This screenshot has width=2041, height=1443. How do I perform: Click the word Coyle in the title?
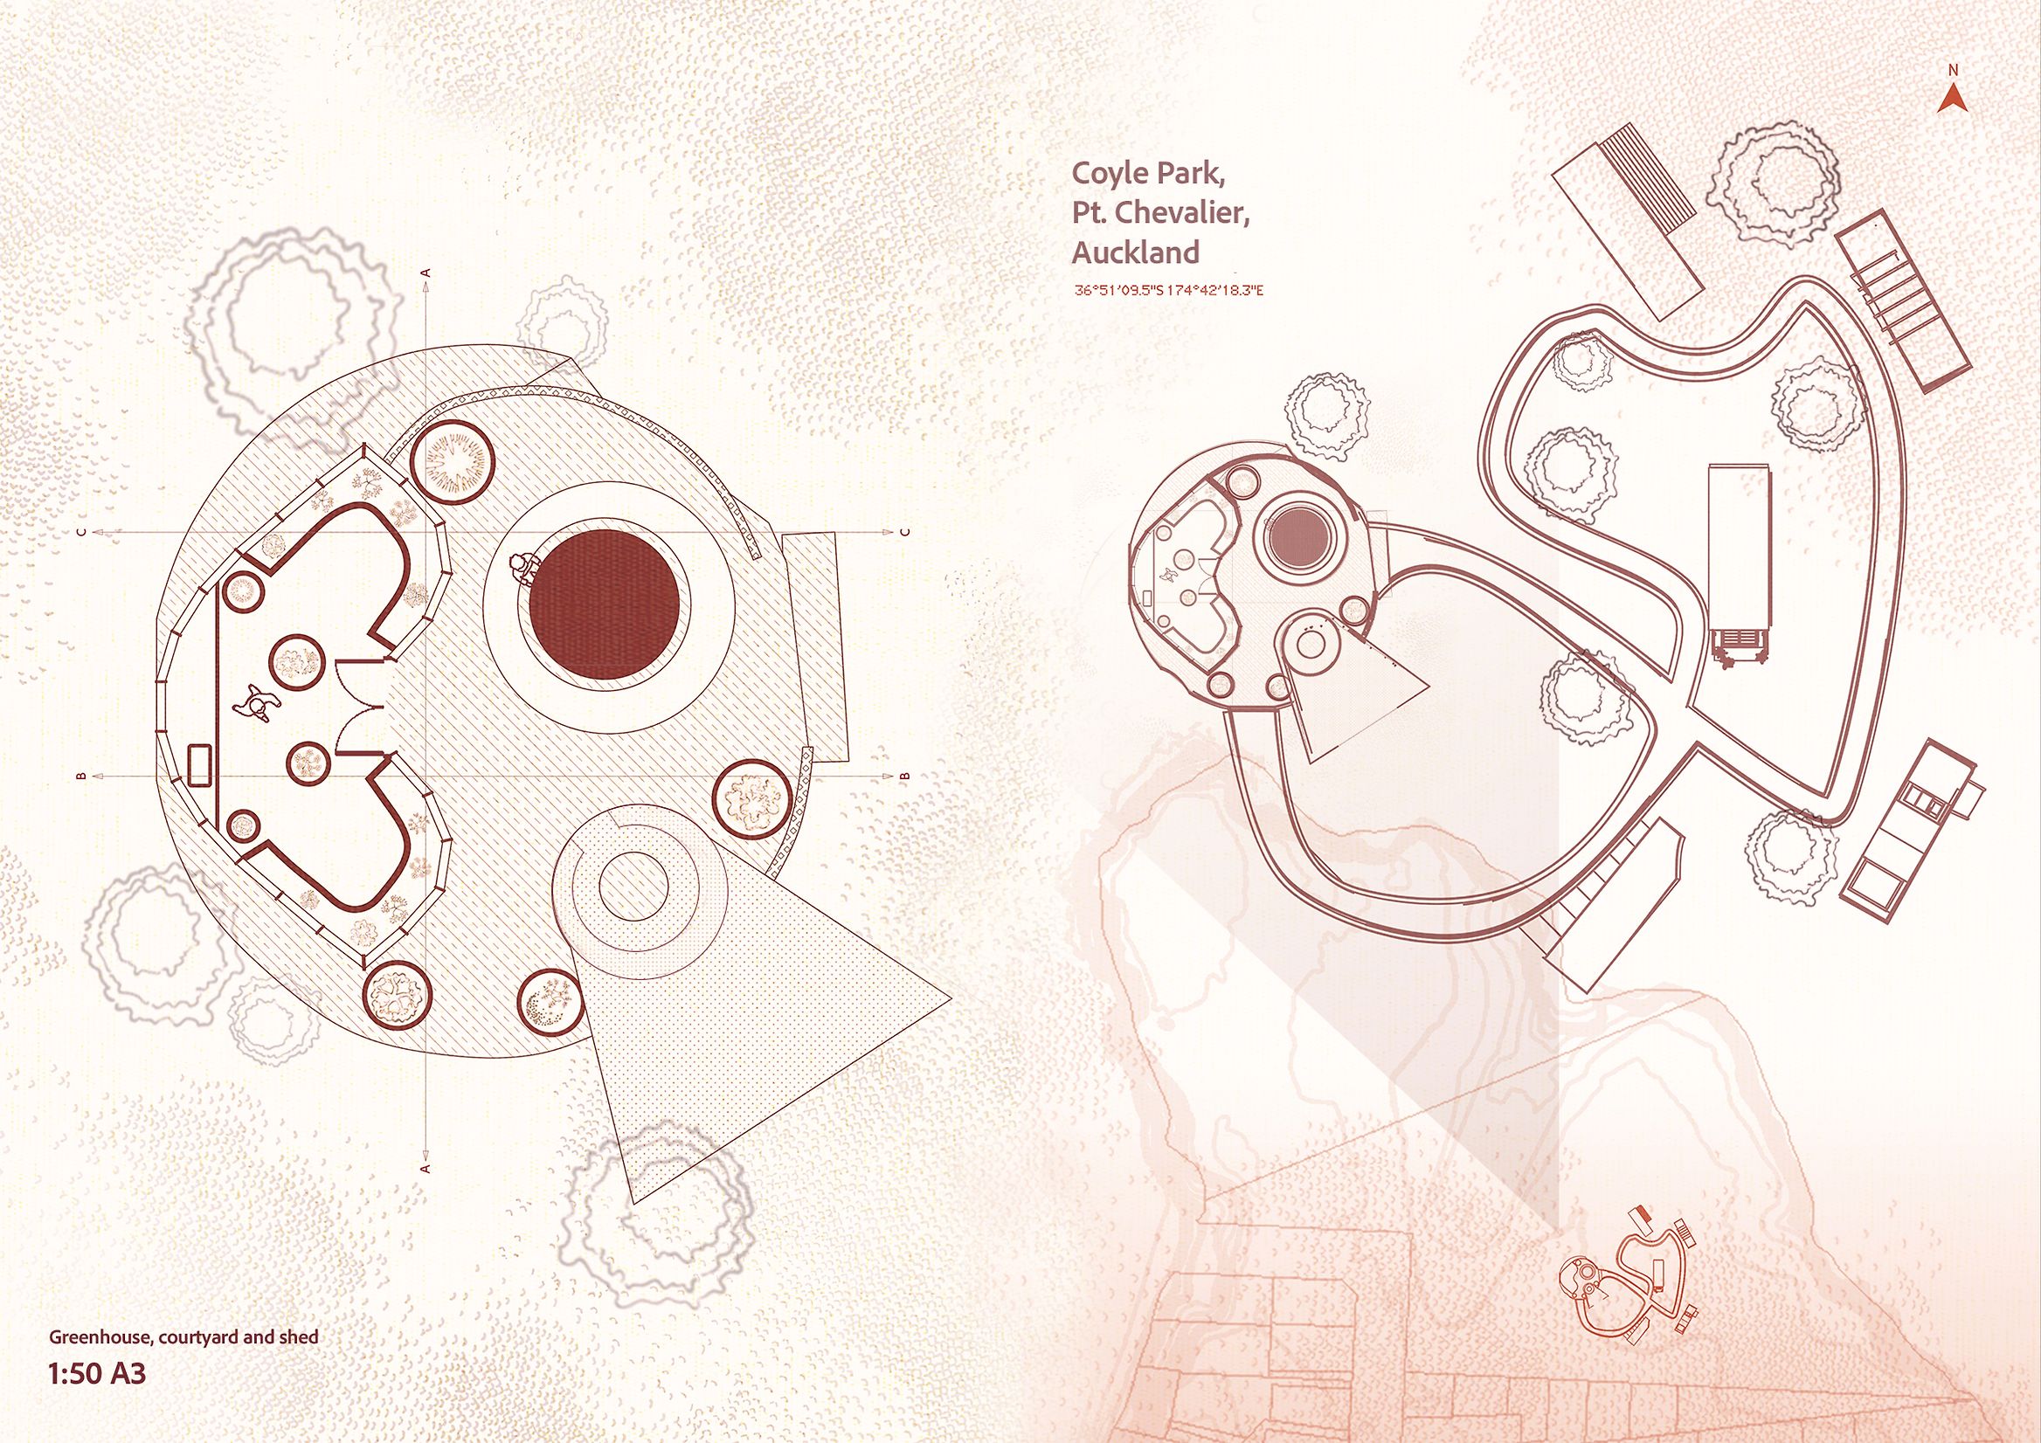tap(1108, 174)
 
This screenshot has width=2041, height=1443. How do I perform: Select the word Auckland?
tap(1135, 252)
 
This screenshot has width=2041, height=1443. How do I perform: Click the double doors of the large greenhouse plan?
tap(362, 707)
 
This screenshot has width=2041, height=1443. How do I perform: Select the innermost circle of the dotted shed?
tap(633, 888)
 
